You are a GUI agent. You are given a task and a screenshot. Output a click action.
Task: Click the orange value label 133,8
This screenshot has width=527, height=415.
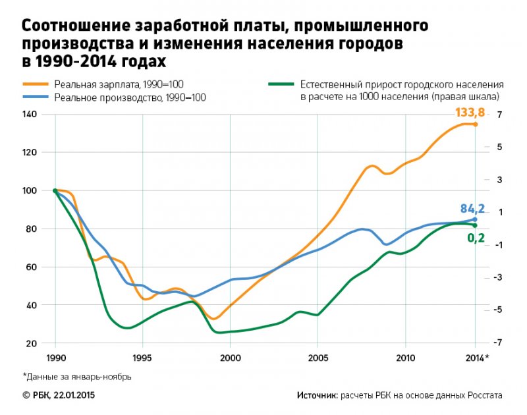point(469,113)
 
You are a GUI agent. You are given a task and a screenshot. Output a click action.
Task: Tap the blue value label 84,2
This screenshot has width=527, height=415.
point(472,209)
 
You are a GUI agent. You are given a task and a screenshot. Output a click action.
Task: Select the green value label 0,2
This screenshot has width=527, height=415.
point(476,238)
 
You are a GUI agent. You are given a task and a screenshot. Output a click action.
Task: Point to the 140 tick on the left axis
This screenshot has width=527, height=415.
point(30,115)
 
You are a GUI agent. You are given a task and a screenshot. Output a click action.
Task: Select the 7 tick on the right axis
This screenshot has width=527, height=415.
point(500,115)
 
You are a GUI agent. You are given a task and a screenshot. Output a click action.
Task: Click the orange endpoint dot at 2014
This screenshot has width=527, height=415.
point(475,124)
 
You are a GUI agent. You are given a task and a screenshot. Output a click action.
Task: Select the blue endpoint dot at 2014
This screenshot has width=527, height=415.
point(475,219)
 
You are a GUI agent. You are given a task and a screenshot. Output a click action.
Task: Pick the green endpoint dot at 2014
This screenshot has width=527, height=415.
point(475,225)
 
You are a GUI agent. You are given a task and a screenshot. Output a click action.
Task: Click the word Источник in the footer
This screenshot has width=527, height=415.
point(316,395)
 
